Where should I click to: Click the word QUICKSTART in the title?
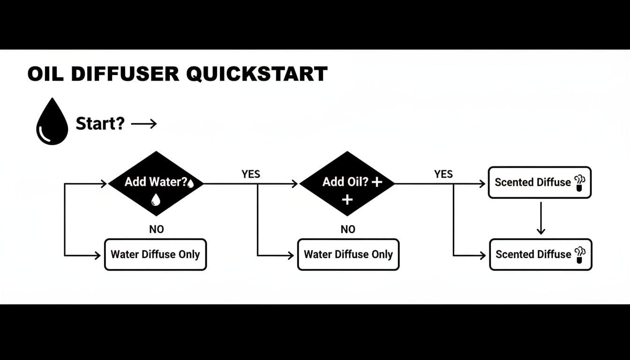(256, 74)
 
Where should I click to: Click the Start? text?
(100, 124)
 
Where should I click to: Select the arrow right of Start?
(144, 124)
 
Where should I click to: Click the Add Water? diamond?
(156, 183)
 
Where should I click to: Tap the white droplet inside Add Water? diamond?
(156, 200)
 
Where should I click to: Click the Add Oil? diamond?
(347, 183)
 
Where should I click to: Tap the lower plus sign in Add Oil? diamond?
(347, 200)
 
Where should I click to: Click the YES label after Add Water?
(251, 174)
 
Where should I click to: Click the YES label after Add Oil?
(443, 174)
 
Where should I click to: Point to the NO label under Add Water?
(156, 229)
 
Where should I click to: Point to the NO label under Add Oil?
(347, 229)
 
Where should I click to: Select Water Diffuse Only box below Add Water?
(155, 255)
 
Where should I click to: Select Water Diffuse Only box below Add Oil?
(348, 255)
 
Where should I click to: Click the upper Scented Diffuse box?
(540, 182)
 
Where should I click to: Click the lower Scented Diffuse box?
(540, 255)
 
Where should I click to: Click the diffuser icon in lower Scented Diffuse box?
(580, 255)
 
